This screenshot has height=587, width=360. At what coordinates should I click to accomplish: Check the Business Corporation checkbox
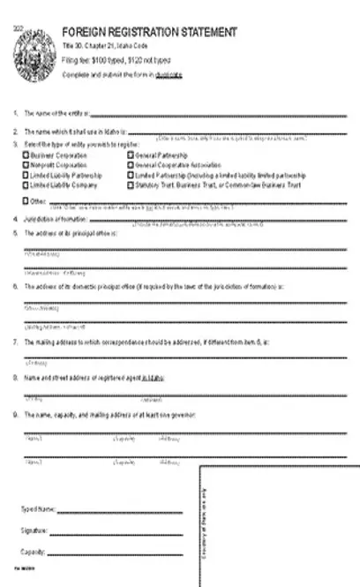click(26, 154)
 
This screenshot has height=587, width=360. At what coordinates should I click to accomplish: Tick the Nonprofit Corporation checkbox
click(26, 164)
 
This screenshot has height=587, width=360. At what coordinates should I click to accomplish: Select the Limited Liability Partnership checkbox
click(26, 175)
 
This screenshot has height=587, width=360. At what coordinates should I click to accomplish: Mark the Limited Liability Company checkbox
click(26, 184)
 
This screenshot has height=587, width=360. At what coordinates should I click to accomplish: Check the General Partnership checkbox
click(130, 154)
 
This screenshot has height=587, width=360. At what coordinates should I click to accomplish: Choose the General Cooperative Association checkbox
click(130, 164)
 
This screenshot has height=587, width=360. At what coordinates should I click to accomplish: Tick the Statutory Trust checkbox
click(130, 184)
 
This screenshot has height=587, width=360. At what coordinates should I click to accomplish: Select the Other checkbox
click(26, 200)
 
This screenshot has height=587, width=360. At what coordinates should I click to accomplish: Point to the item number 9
click(15, 413)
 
